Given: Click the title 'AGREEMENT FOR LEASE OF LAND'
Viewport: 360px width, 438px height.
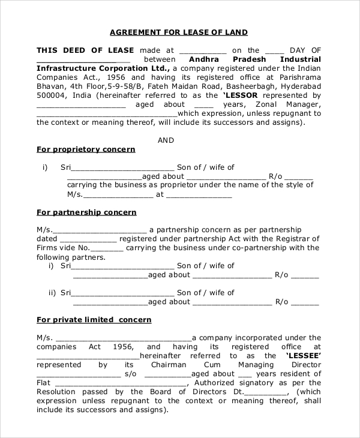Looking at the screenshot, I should [179, 32].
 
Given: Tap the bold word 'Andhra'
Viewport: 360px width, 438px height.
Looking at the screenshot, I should [206, 59].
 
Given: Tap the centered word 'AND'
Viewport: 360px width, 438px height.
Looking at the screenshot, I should [166, 140].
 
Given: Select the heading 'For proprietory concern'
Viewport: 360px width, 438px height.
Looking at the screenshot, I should [86, 149].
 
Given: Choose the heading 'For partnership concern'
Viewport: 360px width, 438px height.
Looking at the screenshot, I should [86, 212].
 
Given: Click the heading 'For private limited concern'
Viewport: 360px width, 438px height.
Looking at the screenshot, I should [94, 320].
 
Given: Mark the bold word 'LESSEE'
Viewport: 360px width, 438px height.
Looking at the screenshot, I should [303, 356].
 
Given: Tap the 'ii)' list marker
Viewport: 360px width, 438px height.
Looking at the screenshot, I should [52, 293].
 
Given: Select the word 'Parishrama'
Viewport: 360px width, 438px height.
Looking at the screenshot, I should [298, 77].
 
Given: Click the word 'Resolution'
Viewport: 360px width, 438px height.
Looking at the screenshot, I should [58, 392].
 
